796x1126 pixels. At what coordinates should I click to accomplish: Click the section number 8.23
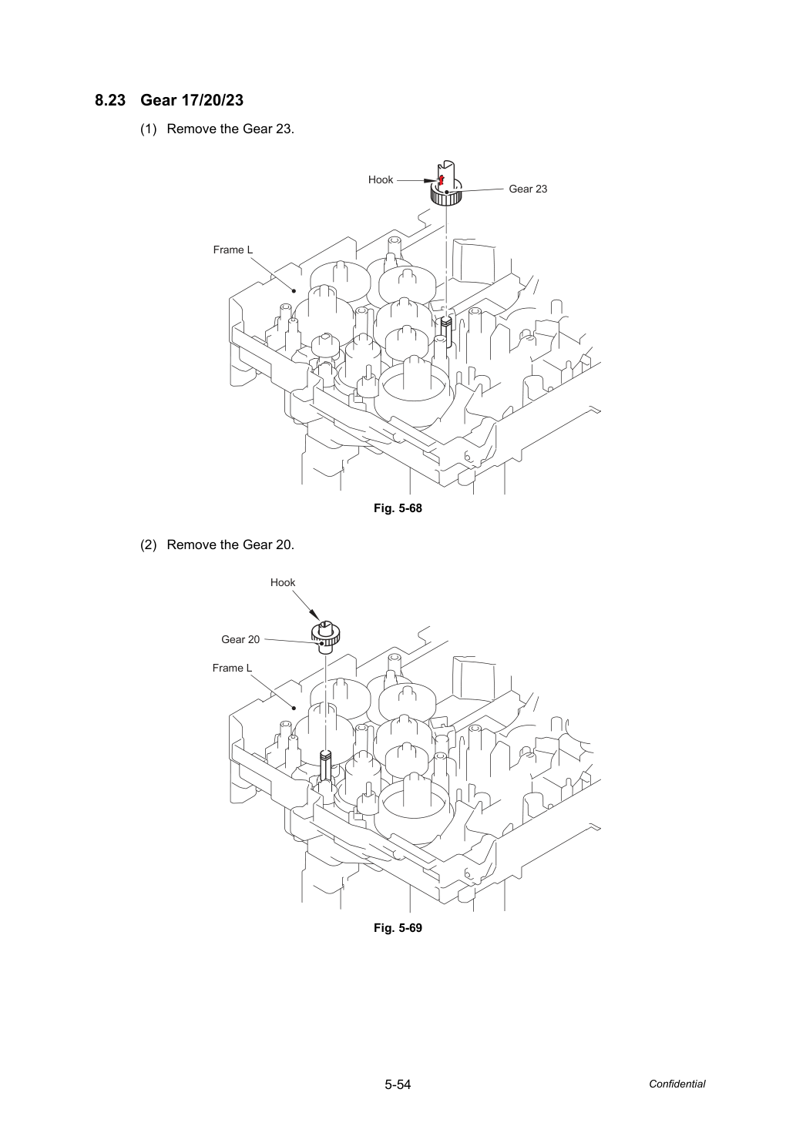(x=110, y=100)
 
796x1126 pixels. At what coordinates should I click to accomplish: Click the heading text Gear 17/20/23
(x=192, y=100)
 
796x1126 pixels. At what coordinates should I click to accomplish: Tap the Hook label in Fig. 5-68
(x=380, y=179)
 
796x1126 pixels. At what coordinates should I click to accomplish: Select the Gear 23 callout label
(x=528, y=189)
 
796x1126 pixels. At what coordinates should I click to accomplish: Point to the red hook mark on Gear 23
(x=442, y=180)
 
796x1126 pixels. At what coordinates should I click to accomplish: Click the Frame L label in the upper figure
(x=233, y=250)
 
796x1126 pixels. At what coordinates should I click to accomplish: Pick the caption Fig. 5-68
(x=398, y=508)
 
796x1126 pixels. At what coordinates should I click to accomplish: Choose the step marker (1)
(x=149, y=129)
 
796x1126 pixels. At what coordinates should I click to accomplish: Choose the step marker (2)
(x=149, y=545)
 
